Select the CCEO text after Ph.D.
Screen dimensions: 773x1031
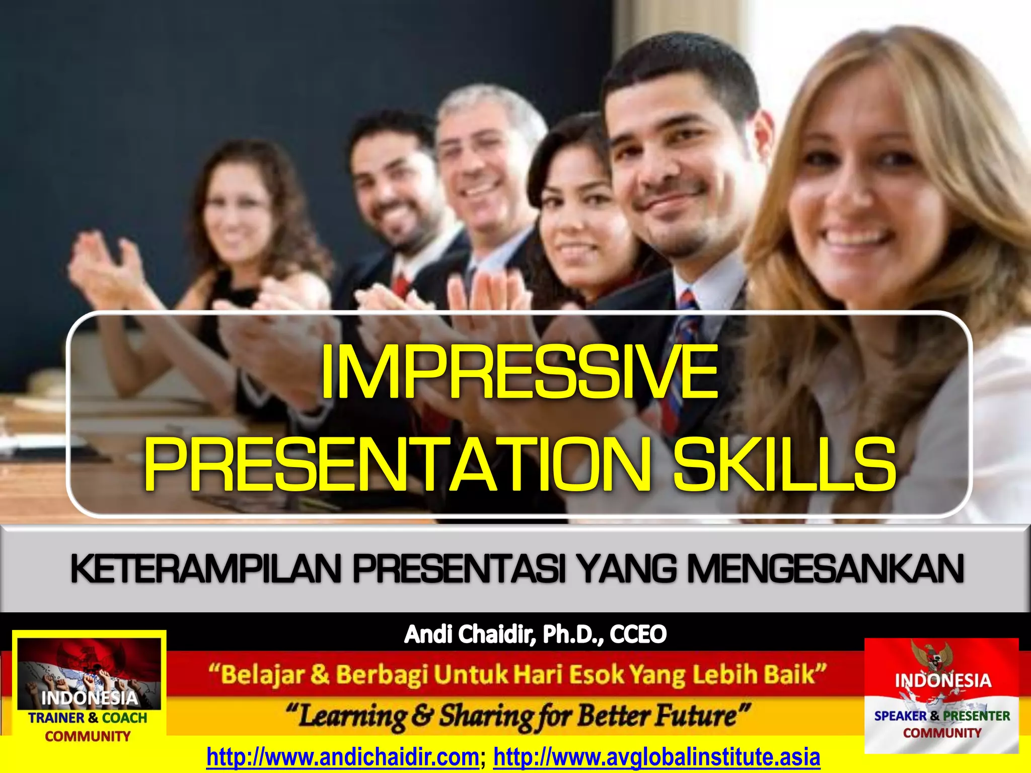pos(638,634)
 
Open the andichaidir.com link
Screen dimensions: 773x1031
pos(342,757)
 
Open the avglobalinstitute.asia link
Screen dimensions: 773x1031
pos(656,757)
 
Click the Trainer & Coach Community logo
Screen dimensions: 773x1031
pos(89,689)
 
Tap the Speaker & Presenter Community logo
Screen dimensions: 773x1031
pos(941,694)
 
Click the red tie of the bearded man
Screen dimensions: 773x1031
pos(401,284)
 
